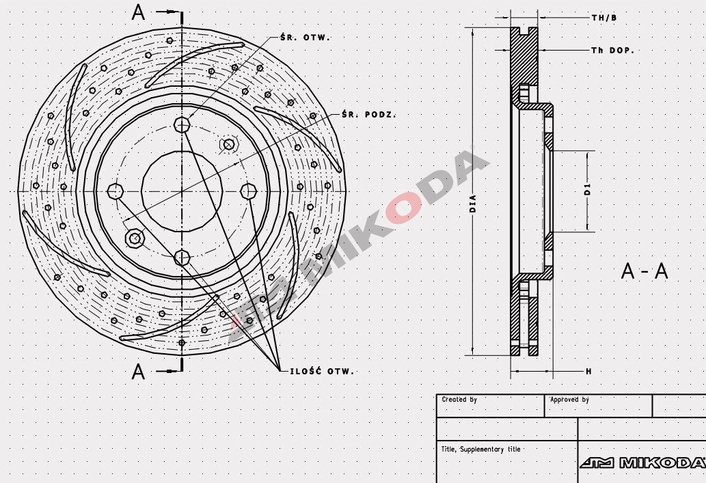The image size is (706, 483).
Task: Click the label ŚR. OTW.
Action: [305, 38]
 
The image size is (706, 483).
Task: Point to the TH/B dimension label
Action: [604, 18]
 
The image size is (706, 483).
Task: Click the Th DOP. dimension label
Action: [612, 51]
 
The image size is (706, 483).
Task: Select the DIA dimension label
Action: [473, 204]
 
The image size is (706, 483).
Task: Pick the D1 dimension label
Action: [587, 190]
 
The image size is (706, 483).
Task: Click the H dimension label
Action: [588, 371]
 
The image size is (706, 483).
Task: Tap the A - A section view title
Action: [644, 271]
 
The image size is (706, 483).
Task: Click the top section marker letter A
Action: [138, 13]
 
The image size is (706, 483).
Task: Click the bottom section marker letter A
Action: [138, 372]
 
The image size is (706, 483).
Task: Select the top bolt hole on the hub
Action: [182, 124]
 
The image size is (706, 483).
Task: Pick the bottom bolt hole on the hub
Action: [182, 258]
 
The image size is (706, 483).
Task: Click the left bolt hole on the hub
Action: [116, 191]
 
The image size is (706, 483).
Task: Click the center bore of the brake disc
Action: [182, 191]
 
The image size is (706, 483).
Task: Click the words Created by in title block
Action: [459, 400]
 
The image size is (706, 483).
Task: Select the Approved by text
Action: [569, 400]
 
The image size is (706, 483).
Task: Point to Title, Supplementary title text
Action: [481, 450]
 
